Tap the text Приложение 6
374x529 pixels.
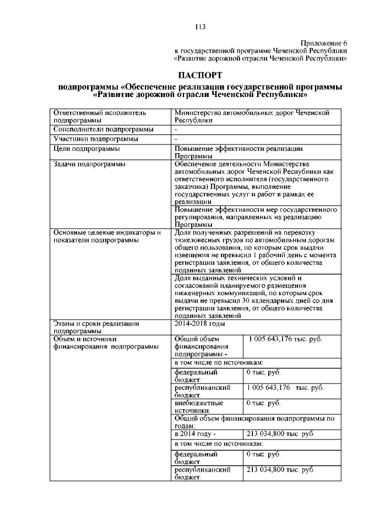coord(324,43)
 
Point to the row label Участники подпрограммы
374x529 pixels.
coord(96,139)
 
